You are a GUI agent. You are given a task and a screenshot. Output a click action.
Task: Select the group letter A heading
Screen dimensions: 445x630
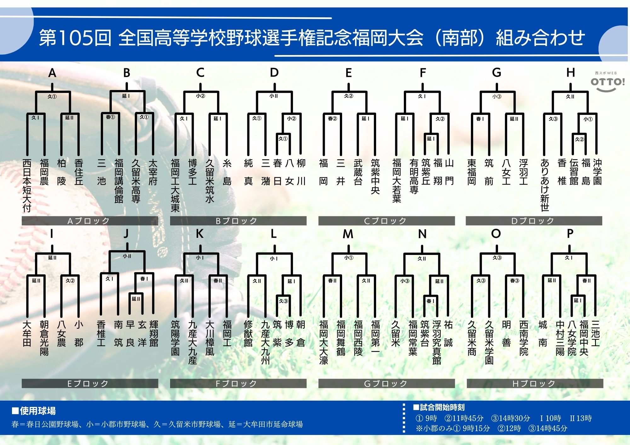[x=52, y=73]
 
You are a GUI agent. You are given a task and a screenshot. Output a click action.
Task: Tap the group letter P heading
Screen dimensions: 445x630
[x=570, y=234]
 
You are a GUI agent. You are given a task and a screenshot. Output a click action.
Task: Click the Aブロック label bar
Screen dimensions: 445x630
[x=90, y=221]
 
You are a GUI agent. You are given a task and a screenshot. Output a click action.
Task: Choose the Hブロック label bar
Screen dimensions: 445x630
[x=535, y=383]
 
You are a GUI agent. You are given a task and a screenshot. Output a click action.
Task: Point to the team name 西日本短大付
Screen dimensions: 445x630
[x=27, y=186]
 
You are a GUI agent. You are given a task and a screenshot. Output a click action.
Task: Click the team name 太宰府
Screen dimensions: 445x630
[x=153, y=172]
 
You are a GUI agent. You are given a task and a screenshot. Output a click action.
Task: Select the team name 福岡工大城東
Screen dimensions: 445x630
[x=175, y=186]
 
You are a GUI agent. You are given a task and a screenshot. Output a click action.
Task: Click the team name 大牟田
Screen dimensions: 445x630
[x=27, y=334]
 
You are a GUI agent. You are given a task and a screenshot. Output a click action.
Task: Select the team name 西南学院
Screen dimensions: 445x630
[x=524, y=338]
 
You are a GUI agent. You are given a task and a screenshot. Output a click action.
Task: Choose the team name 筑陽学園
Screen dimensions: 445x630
[x=175, y=338]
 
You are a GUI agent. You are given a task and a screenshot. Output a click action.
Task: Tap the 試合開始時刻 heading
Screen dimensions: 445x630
[x=439, y=408]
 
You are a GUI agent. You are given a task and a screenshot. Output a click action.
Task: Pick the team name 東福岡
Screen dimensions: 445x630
[x=472, y=172]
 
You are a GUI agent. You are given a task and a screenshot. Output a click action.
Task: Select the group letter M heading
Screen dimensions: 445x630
[x=348, y=234]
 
